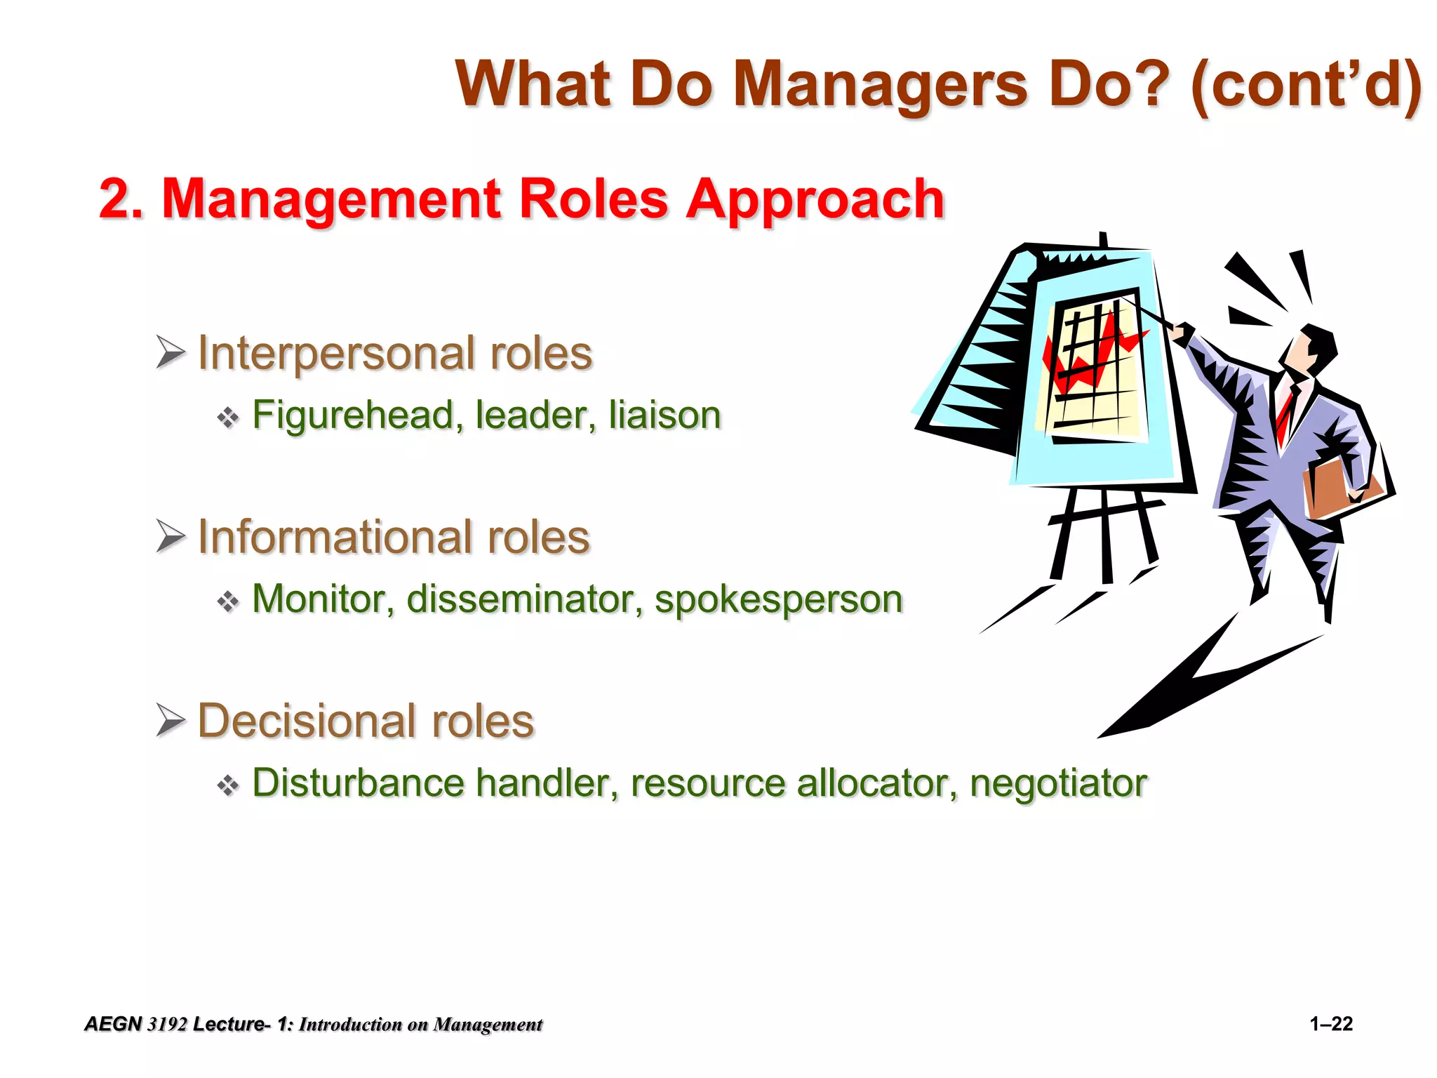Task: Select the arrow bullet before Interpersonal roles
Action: click(x=171, y=352)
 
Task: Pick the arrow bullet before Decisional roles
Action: click(x=171, y=720)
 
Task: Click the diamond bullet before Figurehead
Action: click(x=228, y=418)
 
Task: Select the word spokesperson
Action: click(x=778, y=601)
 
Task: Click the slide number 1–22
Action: click(x=1331, y=1024)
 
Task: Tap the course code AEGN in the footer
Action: click(x=113, y=1025)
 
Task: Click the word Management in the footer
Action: click(x=488, y=1025)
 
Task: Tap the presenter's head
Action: click(x=1311, y=351)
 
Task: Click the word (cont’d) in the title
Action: click(x=1306, y=86)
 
